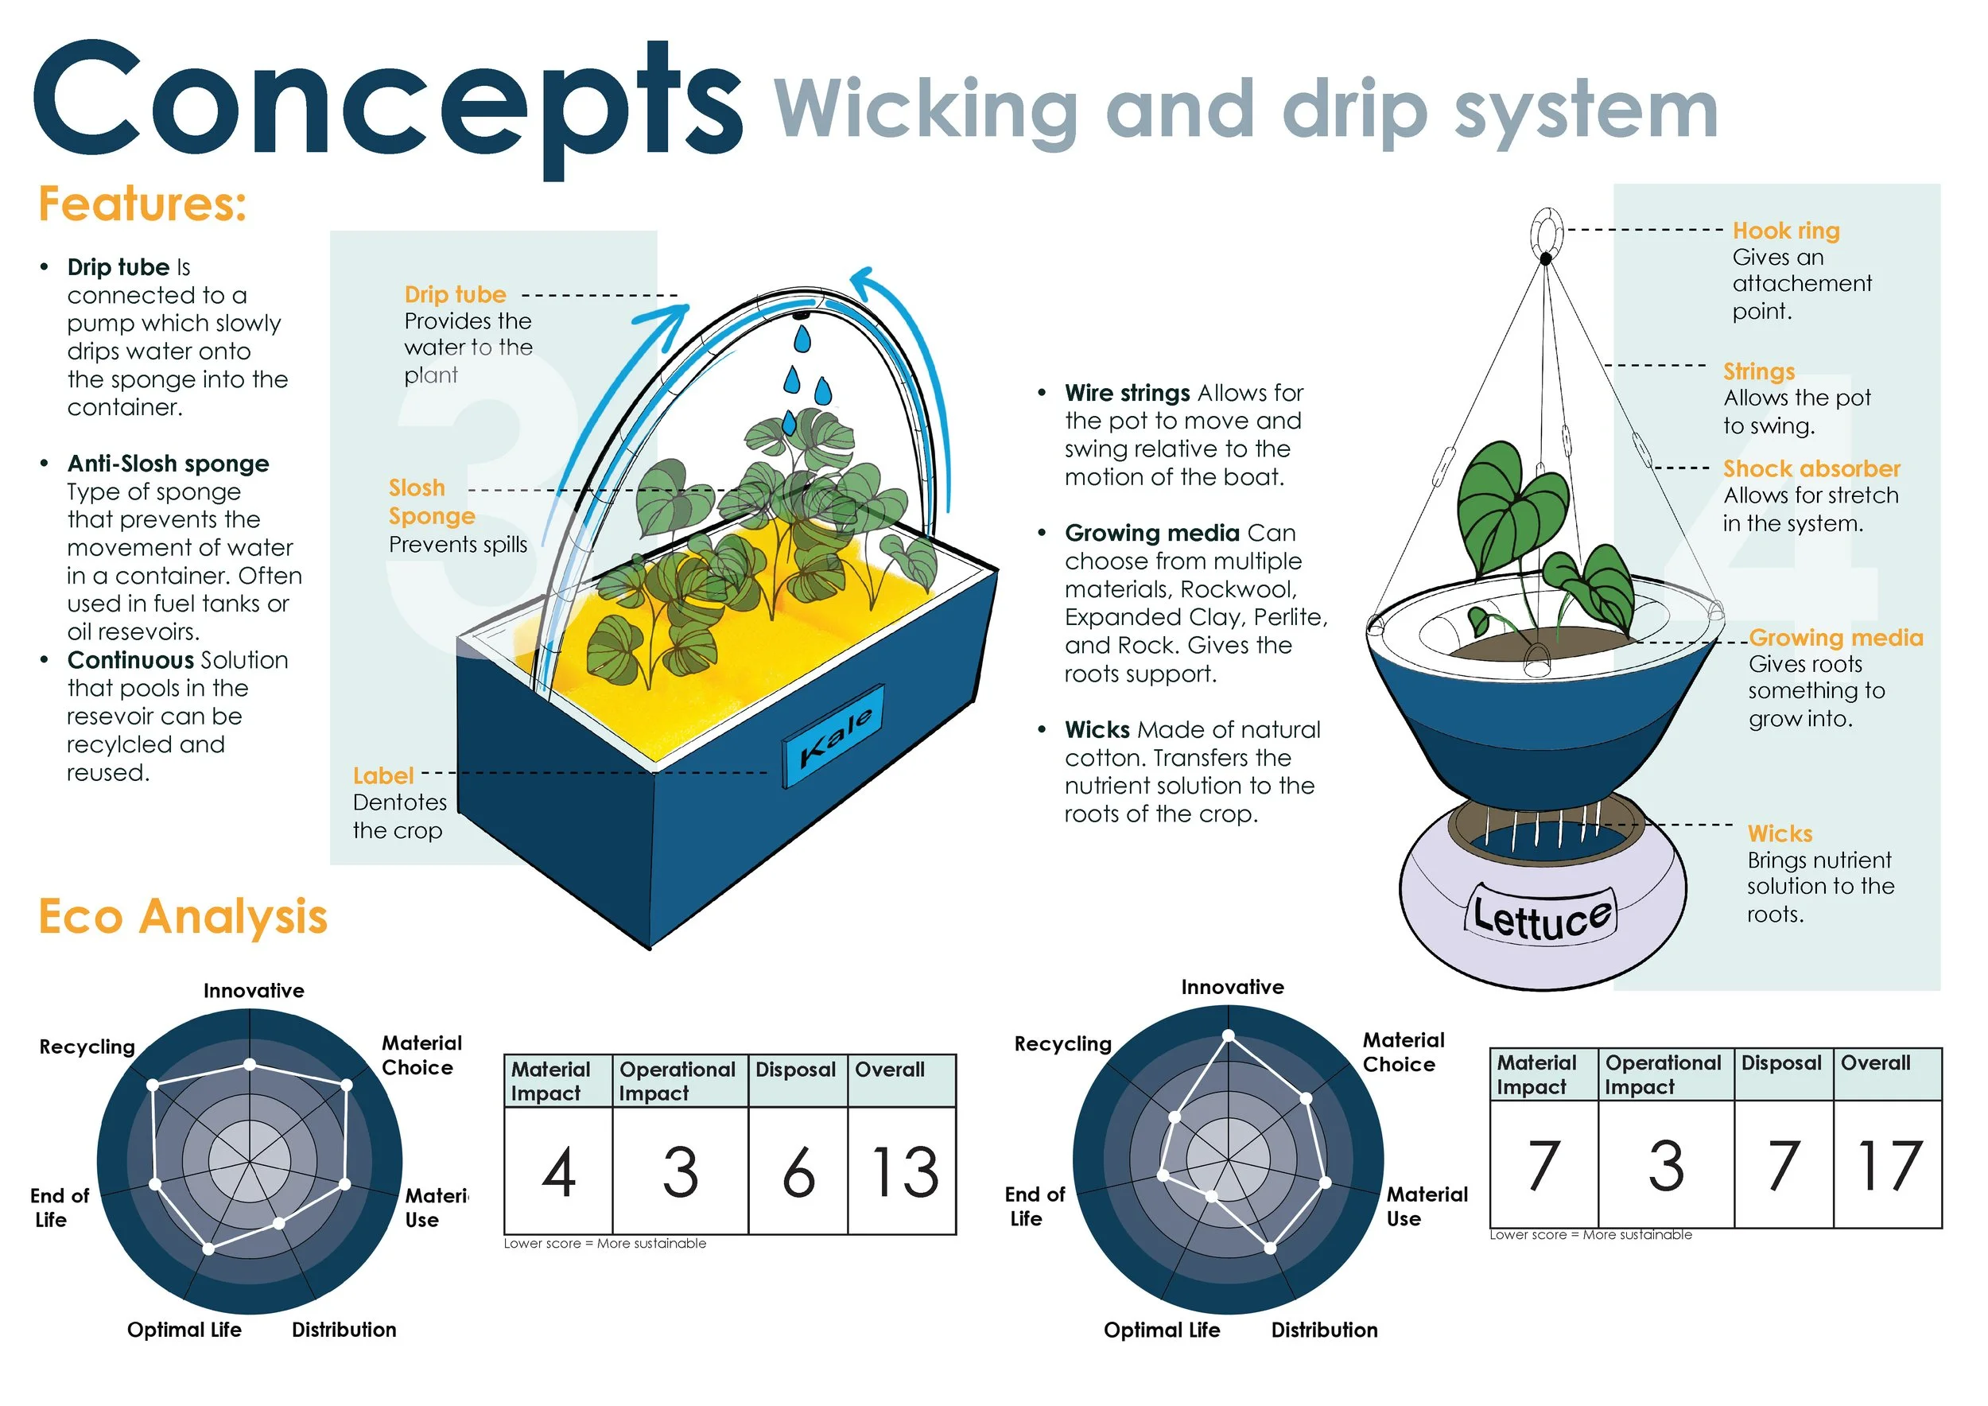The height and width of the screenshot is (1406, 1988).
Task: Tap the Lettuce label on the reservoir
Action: pos(1541,916)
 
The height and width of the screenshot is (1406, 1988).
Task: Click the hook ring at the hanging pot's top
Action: pos(1547,231)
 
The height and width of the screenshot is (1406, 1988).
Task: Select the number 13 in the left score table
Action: pos(904,1173)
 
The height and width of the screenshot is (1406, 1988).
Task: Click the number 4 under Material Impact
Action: pos(558,1173)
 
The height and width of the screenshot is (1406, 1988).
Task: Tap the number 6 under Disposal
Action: pos(798,1173)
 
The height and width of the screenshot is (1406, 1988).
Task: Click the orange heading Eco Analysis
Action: pos(183,917)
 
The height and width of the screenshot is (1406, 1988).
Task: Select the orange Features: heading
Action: pos(143,204)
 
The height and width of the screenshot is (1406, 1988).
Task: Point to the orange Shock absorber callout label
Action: pos(1811,468)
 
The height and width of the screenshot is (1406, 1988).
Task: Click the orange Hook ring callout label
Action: pos(1785,231)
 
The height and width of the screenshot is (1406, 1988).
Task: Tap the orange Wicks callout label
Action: pos(1780,833)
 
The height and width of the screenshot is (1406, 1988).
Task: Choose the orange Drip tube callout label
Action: pos(456,294)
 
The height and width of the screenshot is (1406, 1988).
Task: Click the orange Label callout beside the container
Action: pos(382,775)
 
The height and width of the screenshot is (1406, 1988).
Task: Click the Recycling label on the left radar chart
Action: pos(87,1047)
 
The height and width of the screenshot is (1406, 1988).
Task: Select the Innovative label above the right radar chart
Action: pos(1232,987)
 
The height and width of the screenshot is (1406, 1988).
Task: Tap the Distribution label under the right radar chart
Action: pos(1324,1330)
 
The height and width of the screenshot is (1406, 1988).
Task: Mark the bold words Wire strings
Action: pos(1128,393)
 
